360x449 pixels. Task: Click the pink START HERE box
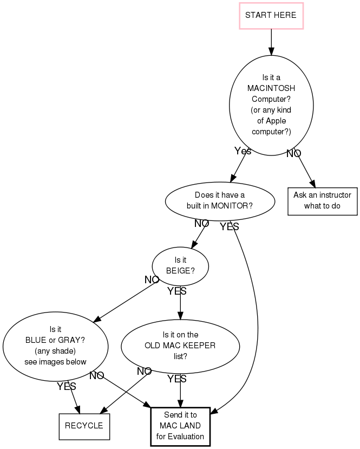point(271,15)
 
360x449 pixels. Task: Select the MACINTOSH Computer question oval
point(271,105)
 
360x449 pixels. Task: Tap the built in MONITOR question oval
point(219,201)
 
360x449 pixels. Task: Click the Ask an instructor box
point(322,201)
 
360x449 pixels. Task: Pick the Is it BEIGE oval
point(180,266)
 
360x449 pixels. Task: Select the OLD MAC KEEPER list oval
point(180,346)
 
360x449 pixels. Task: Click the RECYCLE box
point(84,426)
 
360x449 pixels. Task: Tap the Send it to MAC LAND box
point(180,426)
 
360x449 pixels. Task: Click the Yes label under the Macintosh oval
point(243,151)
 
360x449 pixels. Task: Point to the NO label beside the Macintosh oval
point(293,154)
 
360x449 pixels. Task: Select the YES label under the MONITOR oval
point(230,227)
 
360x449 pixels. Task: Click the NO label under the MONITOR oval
point(201,223)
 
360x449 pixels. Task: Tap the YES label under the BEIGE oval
point(176,291)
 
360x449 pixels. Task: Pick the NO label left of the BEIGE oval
point(152,279)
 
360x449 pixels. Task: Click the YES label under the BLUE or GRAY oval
point(66,386)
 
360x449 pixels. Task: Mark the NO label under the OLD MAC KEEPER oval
point(144,372)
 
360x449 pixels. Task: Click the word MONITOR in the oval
point(232,206)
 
